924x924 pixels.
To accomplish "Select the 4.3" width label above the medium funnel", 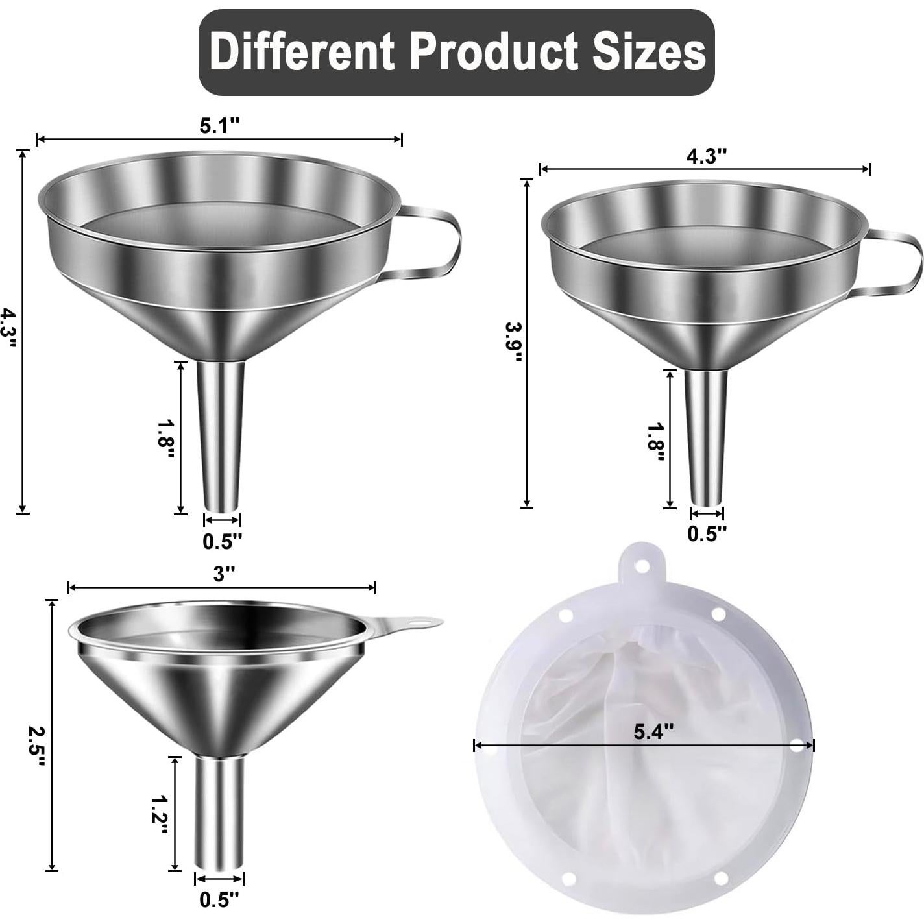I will (706, 156).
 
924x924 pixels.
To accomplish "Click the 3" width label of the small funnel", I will (223, 574).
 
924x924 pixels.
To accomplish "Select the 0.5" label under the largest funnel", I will (222, 541).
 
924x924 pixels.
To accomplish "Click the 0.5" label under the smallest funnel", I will (219, 899).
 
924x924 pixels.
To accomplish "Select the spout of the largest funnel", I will (221, 435).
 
